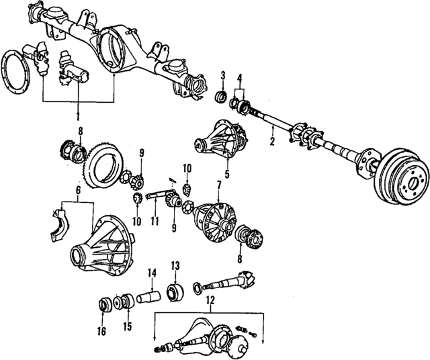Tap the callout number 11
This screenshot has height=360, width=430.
[154, 220]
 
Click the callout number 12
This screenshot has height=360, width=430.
[210, 300]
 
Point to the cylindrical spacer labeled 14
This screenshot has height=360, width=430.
[147, 295]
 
